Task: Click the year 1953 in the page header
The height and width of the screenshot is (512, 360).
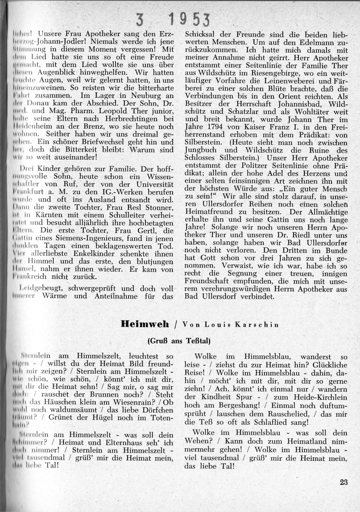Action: click(x=190, y=19)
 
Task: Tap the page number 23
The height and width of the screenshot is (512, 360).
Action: click(x=343, y=482)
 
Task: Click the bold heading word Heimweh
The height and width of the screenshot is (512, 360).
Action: click(x=145, y=324)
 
